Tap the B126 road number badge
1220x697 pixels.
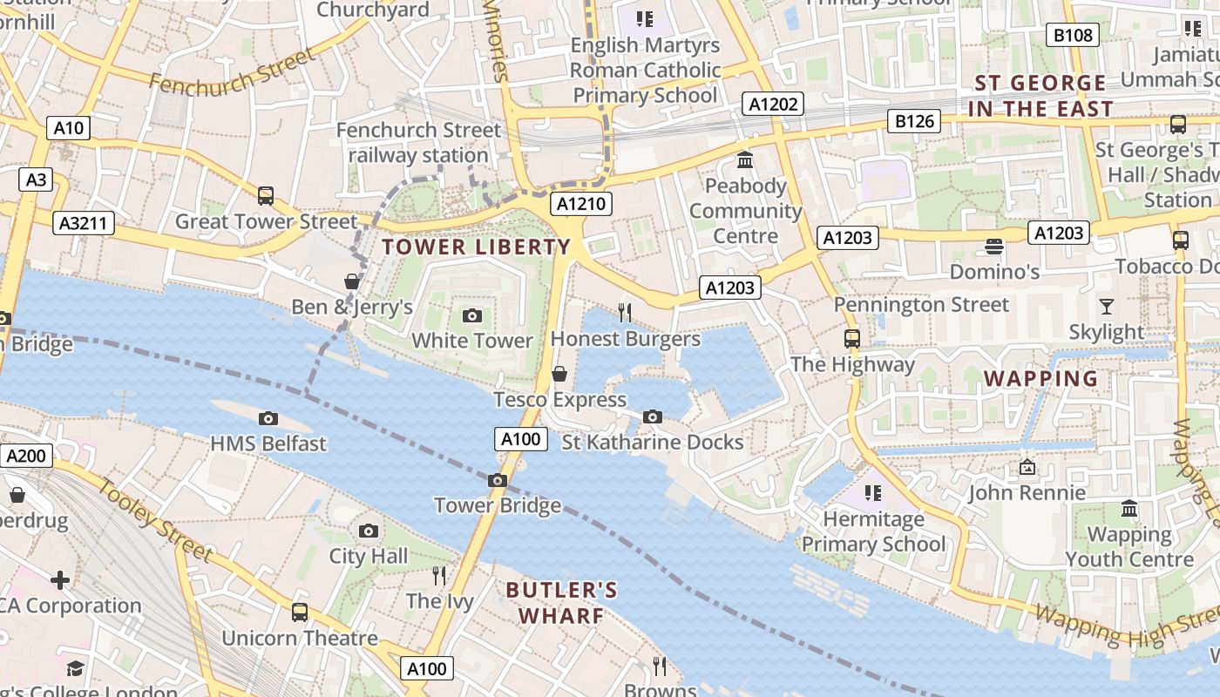tap(915, 121)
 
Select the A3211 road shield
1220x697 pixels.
tap(84, 223)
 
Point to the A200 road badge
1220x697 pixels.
tap(27, 456)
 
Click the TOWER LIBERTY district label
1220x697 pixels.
tap(476, 247)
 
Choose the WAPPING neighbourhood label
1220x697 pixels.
tap(1040, 378)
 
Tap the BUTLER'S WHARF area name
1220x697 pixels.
tap(562, 603)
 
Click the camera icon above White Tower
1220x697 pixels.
tap(472, 315)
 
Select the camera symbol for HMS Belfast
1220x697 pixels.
tap(268, 419)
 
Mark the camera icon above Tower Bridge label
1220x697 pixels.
tap(497, 481)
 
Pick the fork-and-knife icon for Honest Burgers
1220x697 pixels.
tap(625, 313)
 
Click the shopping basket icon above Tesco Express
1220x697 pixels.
tap(559, 374)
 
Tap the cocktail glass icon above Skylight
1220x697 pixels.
tap(1107, 307)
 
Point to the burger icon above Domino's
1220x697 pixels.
tap(994, 247)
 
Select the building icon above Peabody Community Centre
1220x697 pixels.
tap(745, 160)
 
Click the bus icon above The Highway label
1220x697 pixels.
tap(852, 339)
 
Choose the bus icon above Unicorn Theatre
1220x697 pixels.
tap(300, 612)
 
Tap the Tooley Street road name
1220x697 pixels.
tap(154, 520)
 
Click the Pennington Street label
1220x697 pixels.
tap(921, 305)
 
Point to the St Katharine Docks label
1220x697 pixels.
tap(653, 442)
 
